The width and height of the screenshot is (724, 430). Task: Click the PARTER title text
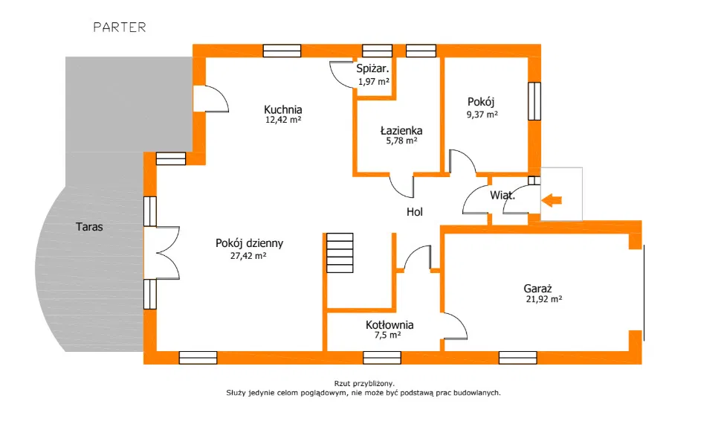pos(119,28)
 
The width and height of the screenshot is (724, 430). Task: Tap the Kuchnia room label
pos(283,109)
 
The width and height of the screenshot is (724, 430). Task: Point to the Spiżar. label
pos(373,70)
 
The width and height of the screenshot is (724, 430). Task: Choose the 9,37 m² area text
pos(482,115)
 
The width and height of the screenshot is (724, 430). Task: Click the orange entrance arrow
pos(552,199)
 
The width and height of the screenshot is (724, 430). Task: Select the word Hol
pos(414,212)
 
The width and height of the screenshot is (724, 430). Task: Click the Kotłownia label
pos(390,325)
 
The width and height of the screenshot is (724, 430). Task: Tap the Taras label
pos(89,227)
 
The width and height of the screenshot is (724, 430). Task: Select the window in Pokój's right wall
pos(533,100)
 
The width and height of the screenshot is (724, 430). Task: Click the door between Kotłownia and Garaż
pos(454,326)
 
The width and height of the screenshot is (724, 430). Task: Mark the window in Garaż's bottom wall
pos(517,358)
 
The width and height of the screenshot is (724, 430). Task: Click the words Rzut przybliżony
pos(363,384)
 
